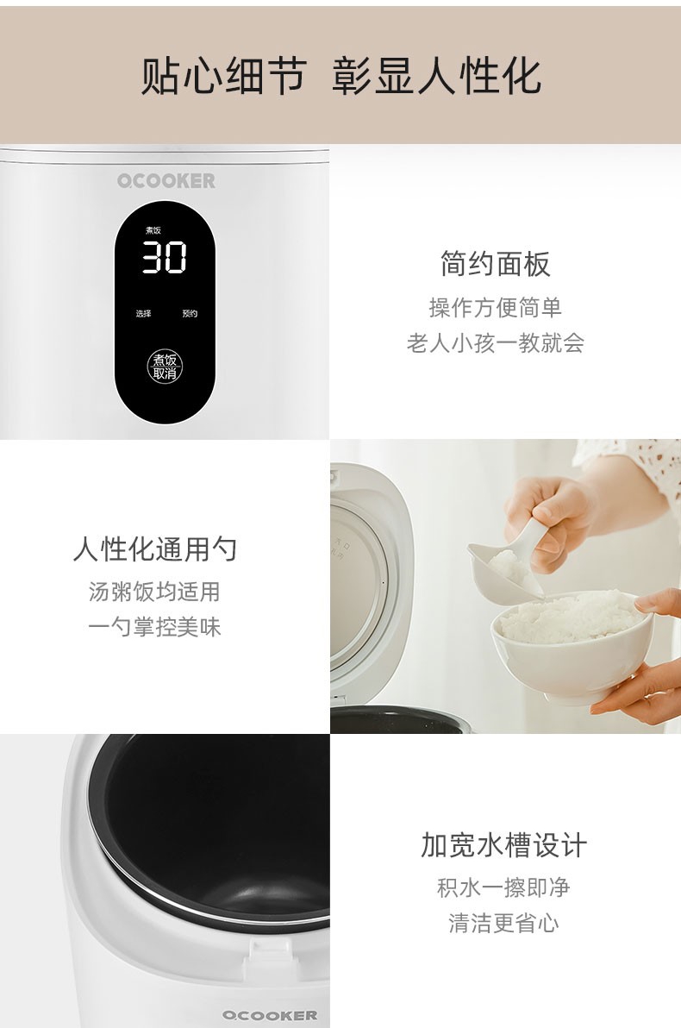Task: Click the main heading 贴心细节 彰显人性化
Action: coord(340,76)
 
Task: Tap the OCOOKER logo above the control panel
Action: coord(166,181)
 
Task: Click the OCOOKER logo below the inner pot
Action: coord(270,1016)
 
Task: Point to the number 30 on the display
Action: coord(166,257)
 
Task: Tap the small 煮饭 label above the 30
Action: coord(153,230)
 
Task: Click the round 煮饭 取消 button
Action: coord(165,367)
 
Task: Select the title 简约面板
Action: coord(496,264)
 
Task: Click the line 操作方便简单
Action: coord(496,308)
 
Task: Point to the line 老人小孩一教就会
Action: coord(496,343)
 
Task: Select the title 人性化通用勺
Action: coord(154,548)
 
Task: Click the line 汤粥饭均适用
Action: coord(154,592)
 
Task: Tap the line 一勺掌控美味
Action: coord(154,627)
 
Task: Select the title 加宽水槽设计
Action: coord(503,845)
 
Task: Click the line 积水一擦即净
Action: coord(503,887)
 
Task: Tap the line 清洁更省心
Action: coord(503,923)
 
